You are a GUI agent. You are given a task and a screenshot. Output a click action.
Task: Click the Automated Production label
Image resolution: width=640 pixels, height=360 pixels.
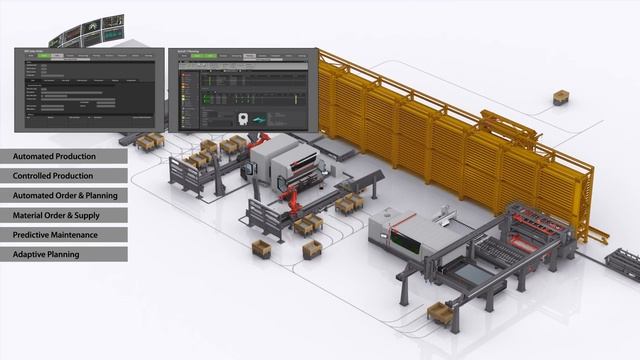tap(55, 157)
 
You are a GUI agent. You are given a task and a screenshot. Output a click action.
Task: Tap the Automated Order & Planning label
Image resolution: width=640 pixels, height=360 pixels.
tap(66, 196)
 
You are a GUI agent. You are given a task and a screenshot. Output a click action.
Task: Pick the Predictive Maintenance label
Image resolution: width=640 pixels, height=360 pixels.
tap(56, 235)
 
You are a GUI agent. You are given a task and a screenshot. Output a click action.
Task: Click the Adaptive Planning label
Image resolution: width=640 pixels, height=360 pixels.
tap(46, 254)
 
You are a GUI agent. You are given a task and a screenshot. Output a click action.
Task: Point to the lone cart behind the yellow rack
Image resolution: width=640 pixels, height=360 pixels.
tap(562, 97)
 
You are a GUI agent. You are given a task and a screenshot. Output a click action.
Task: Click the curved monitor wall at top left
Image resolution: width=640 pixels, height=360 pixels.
tap(91, 31)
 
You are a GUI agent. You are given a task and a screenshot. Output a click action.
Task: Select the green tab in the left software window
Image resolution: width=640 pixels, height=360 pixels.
tap(57, 56)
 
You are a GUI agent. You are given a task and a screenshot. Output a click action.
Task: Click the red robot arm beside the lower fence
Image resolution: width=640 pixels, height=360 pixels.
tap(288, 201)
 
